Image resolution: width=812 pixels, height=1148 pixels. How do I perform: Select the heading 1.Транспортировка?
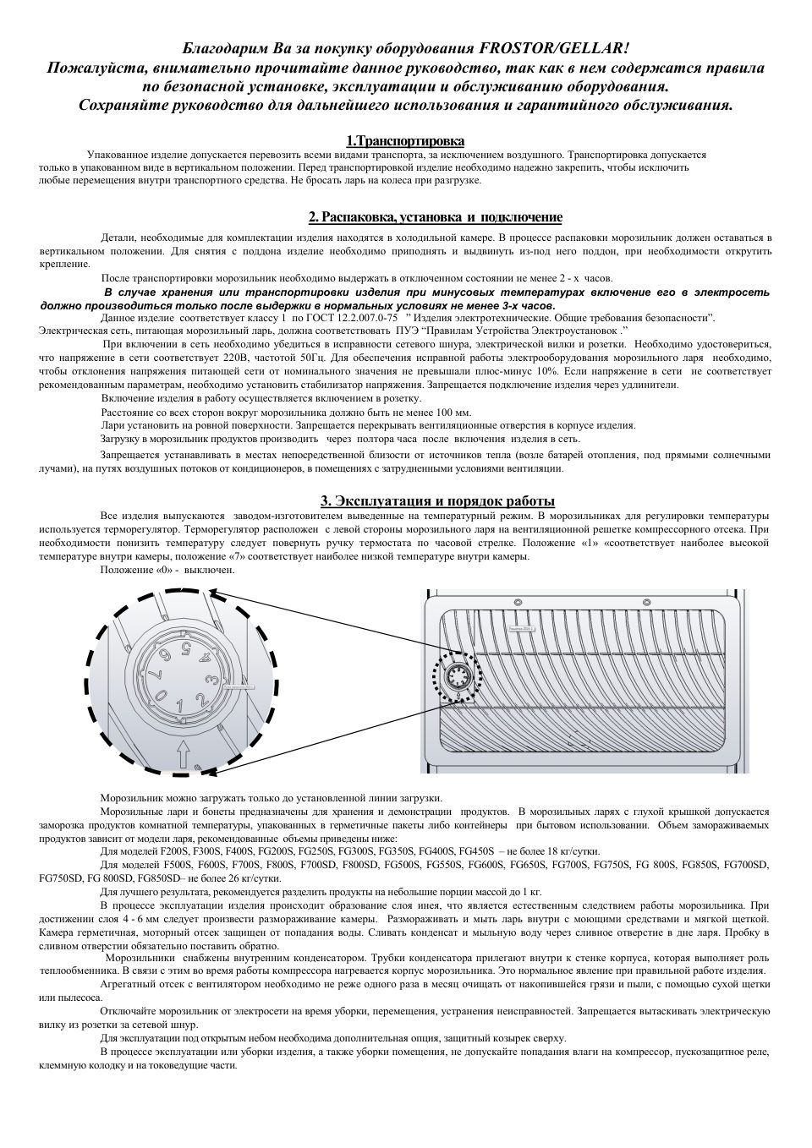coord(405,140)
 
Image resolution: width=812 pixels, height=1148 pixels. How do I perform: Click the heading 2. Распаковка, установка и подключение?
coord(435,217)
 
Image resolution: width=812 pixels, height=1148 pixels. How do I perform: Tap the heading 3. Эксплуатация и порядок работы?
coord(436,500)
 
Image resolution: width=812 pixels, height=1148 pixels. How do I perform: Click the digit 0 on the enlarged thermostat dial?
coord(161,694)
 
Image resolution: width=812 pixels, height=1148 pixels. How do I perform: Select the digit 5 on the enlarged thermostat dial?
coord(185,649)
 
